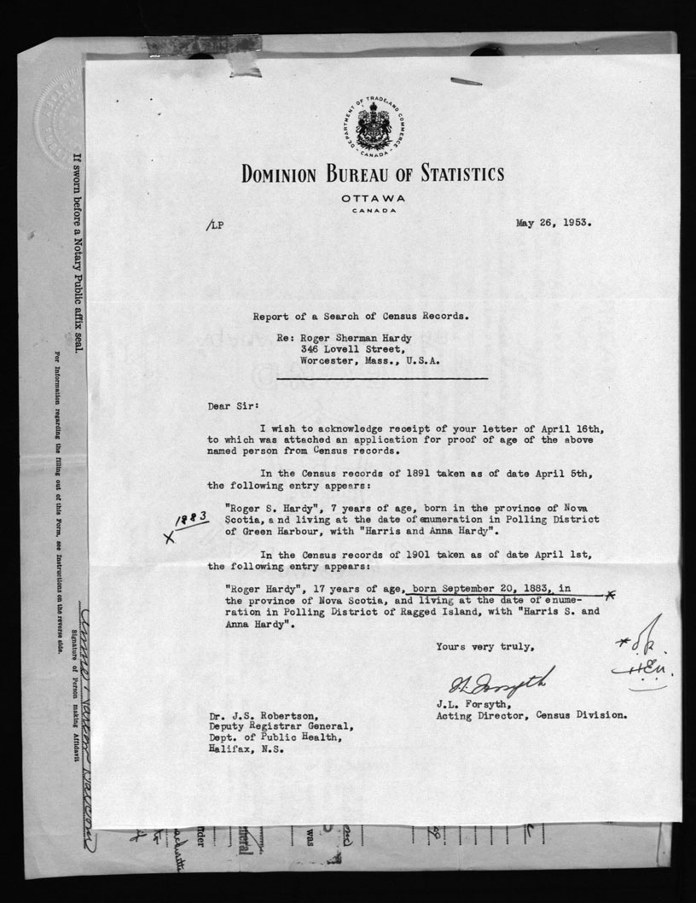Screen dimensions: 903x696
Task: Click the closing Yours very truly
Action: [x=486, y=646]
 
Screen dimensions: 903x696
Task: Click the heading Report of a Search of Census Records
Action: [x=360, y=315]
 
